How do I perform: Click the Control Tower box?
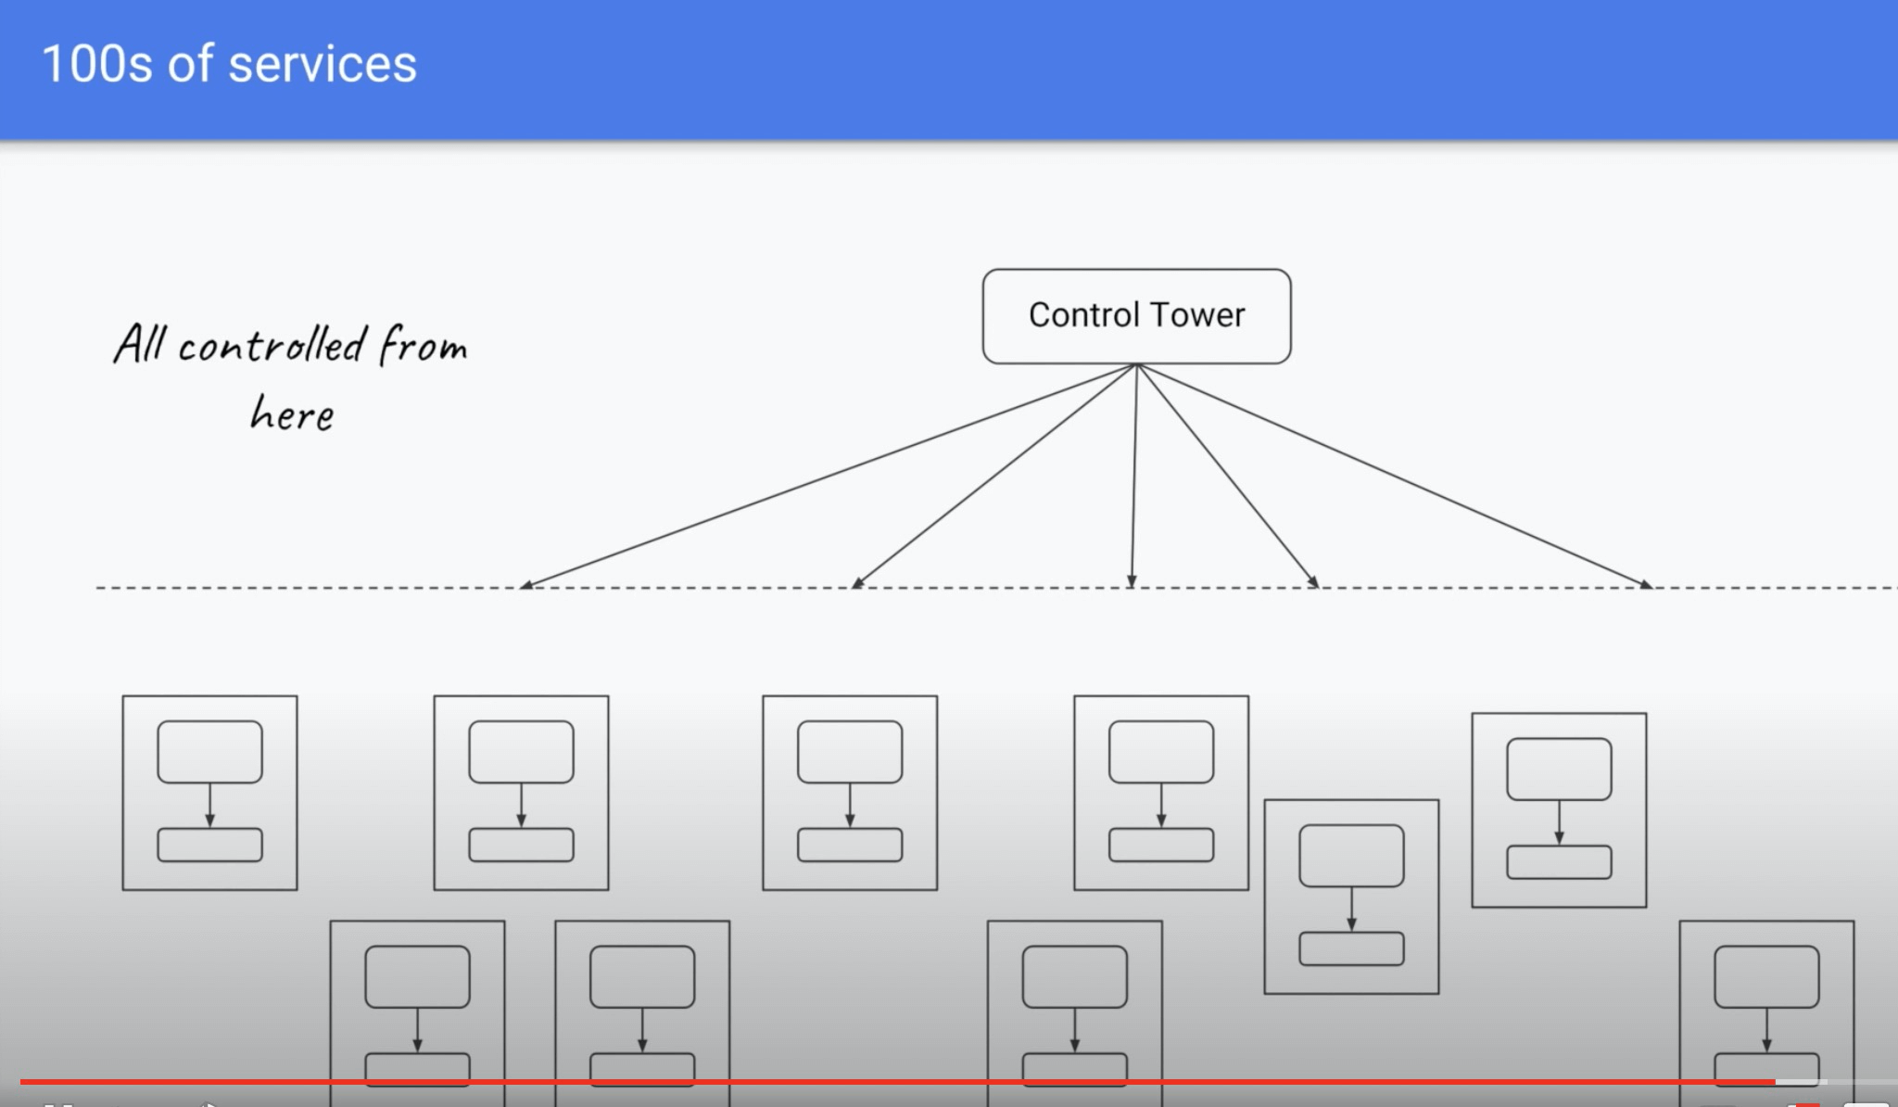(1136, 316)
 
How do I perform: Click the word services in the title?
(323, 65)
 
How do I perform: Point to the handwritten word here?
(292, 414)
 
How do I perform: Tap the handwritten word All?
(140, 344)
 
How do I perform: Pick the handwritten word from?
(424, 346)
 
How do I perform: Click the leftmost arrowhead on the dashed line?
(525, 584)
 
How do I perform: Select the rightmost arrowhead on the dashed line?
(1647, 584)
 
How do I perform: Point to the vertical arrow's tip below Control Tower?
(1132, 581)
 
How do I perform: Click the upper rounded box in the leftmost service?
(209, 752)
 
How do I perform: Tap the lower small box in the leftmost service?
(209, 845)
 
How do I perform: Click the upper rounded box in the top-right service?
(1559, 769)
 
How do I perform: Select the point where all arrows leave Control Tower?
(1137, 365)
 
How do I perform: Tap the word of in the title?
(190, 65)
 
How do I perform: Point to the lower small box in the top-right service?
(1559, 862)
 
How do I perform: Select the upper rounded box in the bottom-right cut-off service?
(1766, 976)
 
